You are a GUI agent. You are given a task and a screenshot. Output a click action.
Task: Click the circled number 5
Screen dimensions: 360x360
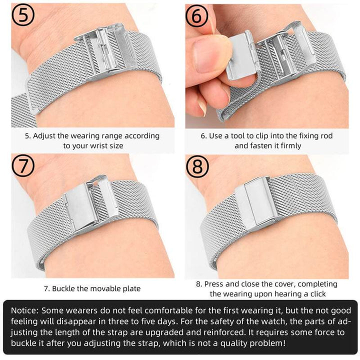23,15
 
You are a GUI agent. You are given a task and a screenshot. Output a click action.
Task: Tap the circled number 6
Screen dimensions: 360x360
197,15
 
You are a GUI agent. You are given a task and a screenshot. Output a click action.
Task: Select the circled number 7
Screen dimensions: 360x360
23,165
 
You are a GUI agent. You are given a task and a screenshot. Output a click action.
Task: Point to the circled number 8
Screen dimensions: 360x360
197,166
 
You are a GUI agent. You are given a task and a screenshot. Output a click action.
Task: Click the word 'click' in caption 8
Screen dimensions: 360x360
318,294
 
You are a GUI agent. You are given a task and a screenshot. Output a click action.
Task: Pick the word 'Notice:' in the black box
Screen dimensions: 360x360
25,310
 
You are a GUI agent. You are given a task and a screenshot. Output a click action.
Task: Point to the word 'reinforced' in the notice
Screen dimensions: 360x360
222,332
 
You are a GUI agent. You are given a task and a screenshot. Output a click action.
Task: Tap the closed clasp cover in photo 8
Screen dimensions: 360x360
256,204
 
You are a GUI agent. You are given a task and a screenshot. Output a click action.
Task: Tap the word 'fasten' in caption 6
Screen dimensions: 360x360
260,146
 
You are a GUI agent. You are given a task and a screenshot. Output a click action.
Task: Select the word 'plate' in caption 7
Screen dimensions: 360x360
131,288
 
